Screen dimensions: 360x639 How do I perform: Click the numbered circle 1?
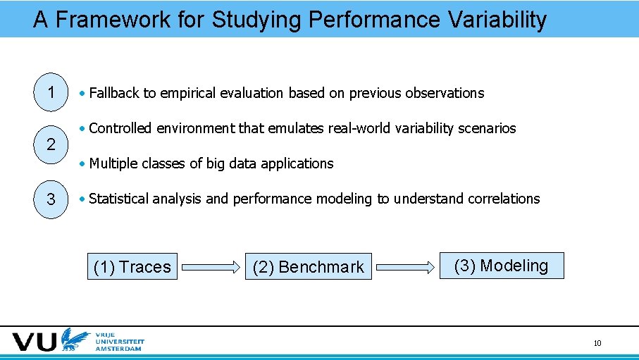point(51,92)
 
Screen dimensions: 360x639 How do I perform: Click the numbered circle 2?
point(51,145)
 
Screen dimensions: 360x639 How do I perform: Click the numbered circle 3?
point(51,199)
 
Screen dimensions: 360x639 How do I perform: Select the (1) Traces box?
point(132,267)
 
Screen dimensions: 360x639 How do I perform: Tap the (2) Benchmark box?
point(308,267)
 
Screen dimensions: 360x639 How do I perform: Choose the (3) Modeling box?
point(502,266)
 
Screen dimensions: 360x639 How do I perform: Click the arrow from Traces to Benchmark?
point(211,267)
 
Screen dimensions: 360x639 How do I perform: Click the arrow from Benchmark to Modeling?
point(405,267)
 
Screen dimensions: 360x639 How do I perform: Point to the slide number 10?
point(597,343)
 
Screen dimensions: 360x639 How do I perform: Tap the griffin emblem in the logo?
point(74,340)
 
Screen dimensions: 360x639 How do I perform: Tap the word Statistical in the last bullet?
point(119,199)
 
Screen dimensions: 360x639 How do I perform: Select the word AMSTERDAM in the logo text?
point(120,348)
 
